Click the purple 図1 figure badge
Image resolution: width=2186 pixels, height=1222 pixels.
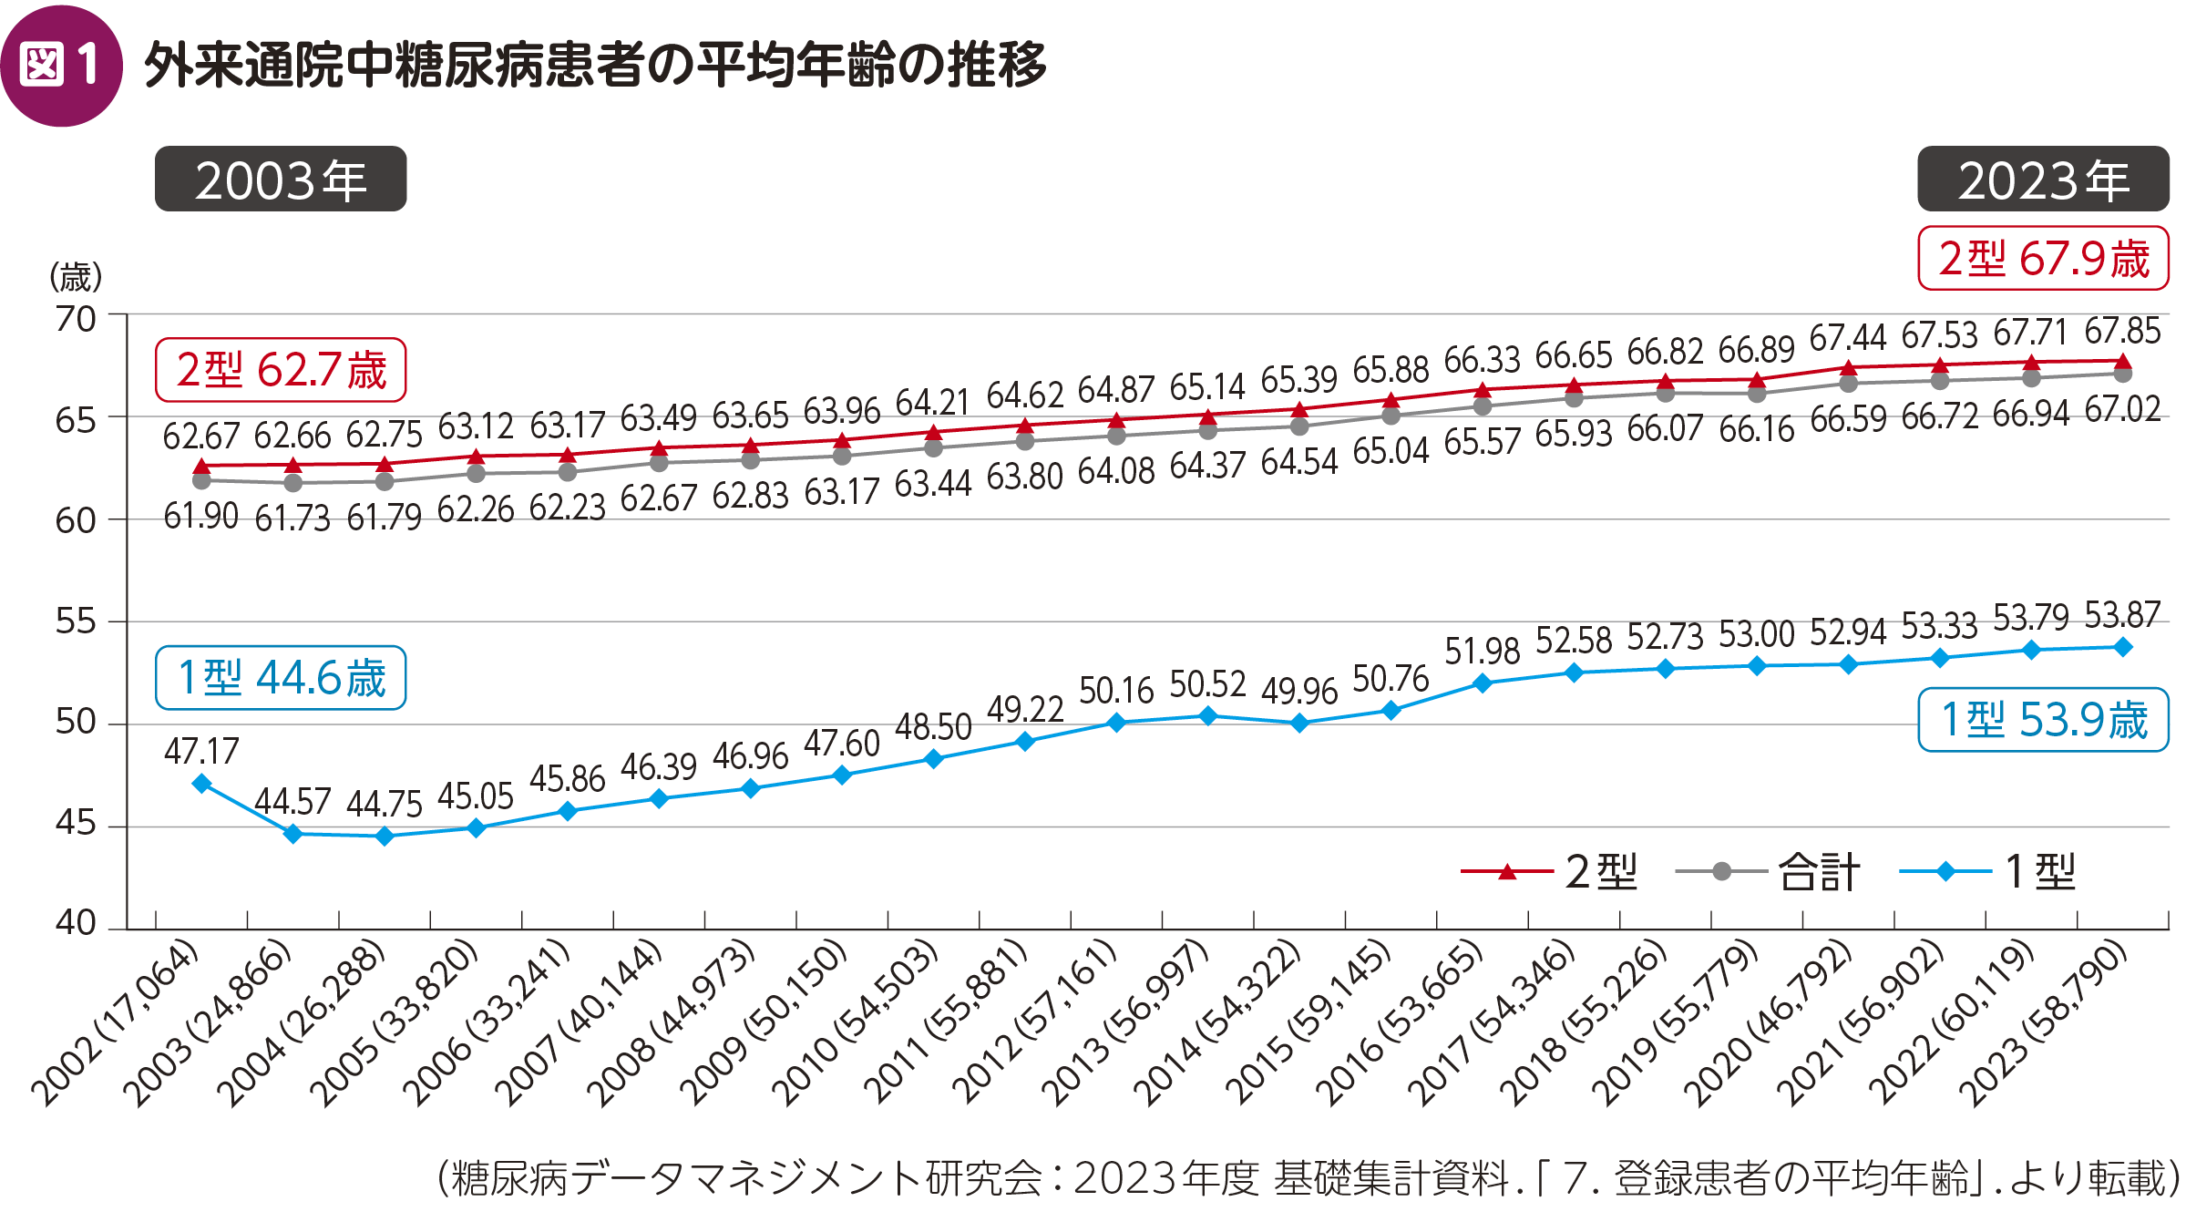pyautogui.click(x=61, y=66)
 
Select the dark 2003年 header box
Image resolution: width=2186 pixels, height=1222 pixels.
pyautogui.click(x=281, y=180)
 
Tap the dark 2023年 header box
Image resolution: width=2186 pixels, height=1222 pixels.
pyautogui.click(x=2043, y=180)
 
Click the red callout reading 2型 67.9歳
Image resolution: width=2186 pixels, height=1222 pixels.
pyautogui.click(x=2043, y=259)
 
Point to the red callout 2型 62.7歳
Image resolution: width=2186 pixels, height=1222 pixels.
pyautogui.click(x=281, y=370)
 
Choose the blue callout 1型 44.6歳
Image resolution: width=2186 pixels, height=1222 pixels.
pyautogui.click(x=281, y=678)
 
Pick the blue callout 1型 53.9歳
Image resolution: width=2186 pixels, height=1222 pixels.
pyautogui.click(x=2043, y=720)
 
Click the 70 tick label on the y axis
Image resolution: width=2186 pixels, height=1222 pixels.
pyautogui.click(x=76, y=320)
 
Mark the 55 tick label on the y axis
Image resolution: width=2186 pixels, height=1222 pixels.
pyautogui.click(x=76, y=621)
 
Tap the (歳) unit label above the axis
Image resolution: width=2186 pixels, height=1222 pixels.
pyautogui.click(x=76, y=276)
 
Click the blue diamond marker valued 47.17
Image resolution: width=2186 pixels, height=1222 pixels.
pyautogui.click(x=201, y=784)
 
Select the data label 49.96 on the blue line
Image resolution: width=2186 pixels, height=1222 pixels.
pyautogui.click(x=1299, y=692)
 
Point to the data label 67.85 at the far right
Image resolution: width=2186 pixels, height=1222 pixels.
pyautogui.click(x=2122, y=331)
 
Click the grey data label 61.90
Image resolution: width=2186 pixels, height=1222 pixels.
pyautogui.click(x=201, y=517)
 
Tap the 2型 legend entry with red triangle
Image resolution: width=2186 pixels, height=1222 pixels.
pyautogui.click(x=1549, y=872)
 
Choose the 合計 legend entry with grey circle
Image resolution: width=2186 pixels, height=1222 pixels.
pyautogui.click(x=1768, y=872)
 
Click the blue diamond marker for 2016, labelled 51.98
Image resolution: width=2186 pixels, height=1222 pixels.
pyautogui.click(x=1483, y=683)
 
